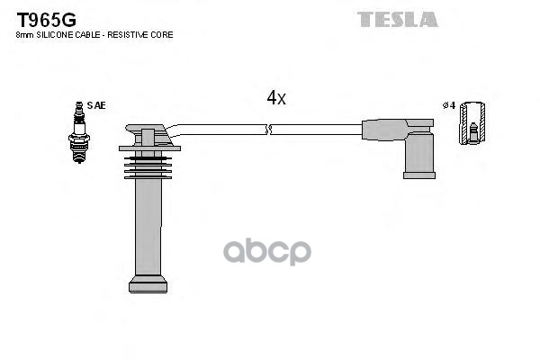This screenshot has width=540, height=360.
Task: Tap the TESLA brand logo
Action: (x=397, y=18)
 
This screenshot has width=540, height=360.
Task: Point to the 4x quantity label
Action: (x=276, y=98)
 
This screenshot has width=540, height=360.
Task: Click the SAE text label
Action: (x=96, y=105)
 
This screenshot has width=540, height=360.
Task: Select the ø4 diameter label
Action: (x=450, y=105)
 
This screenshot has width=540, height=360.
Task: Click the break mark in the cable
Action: (x=267, y=130)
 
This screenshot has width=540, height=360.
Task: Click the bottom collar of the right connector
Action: (x=418, y=174)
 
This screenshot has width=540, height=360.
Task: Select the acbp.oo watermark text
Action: (x=266, y=251)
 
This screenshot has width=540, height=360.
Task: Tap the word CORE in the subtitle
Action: (x=162, y=34)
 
